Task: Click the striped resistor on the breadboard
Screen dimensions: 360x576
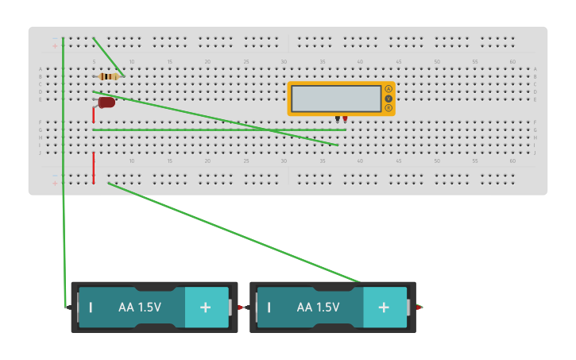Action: click(109, 76)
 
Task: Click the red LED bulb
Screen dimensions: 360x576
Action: click(106, 103)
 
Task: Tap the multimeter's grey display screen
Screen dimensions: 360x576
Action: click(336, 99)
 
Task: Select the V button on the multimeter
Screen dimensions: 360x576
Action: click(389, 99)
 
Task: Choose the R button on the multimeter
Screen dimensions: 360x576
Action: click(389, 108)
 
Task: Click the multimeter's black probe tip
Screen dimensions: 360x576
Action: click(337, 119)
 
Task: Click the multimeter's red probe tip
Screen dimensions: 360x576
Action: click(345, 119)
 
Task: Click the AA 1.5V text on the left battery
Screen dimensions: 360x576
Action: click(140, 307)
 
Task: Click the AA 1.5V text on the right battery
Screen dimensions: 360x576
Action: click(318, 307)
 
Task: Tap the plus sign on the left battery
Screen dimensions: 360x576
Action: click(205, 307)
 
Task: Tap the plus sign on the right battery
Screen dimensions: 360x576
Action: click(384, 307)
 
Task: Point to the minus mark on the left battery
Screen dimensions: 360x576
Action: click(91, 307)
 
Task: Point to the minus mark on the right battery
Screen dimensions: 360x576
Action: click(269, 307)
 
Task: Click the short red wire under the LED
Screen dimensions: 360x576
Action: click(94, 116)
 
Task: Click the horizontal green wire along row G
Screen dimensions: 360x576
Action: click(218, 130)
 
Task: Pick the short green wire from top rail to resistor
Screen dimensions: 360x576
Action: click(108, 56)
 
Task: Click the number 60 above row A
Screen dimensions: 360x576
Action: click(512, 62)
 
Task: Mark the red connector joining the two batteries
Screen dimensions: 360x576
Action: click(242, 307)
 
